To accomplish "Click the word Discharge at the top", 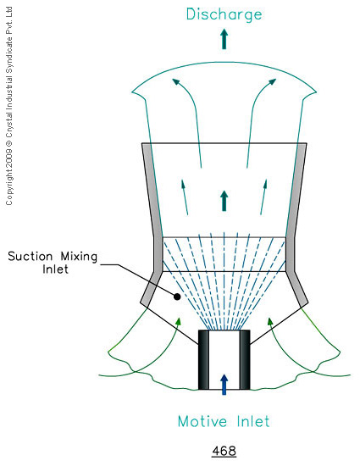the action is (224, 15).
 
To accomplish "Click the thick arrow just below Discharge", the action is (224, 39).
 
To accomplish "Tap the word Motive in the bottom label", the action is (202, 421).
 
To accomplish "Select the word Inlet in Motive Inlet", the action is (253, 421).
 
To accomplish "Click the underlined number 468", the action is (224, 451).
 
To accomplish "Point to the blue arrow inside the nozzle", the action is (224, 385).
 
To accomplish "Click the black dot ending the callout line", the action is (177, 297).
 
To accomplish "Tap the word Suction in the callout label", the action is (30, 256).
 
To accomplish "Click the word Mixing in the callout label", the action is (79, 257).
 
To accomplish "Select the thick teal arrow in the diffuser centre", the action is (224, 201).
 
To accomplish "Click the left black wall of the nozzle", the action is (203, 359).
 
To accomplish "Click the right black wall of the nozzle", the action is (245, 359).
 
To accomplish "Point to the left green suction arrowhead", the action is (178, 322).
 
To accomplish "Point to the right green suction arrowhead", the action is (270, 322).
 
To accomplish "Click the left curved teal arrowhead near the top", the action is (176, 81).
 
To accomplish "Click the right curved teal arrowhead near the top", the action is (272, 81).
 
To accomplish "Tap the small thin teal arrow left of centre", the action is (185, 197).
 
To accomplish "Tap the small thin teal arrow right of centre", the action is (263, 197).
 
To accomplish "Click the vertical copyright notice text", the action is (9, 106).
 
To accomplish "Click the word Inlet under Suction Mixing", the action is (55, 269).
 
